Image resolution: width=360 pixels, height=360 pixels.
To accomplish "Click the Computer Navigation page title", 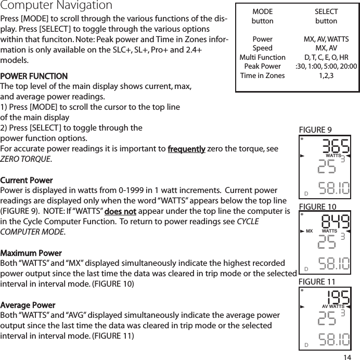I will [x=56, y=6].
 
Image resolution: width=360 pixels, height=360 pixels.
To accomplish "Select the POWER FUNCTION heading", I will [x=34, y=76].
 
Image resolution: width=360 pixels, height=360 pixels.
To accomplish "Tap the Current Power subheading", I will [x=27, y=180].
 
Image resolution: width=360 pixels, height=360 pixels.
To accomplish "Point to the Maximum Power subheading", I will [x=31, y=253].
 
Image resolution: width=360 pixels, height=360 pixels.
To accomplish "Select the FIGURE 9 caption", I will [x=316, y=130].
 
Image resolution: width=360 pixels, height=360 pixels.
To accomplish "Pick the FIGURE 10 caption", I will [x=318, y=207].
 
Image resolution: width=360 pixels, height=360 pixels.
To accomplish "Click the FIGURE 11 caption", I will [x=317, y=281].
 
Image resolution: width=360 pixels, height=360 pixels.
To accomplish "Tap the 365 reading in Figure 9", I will [x=335, y=145].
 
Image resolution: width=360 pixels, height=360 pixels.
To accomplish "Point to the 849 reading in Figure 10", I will [x=335, y=221].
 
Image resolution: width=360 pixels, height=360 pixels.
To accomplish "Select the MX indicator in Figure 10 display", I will [x=309, y=230].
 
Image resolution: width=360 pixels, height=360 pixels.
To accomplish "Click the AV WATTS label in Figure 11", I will [x=333, y=306].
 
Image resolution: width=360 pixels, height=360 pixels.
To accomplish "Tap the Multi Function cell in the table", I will [x=262, y=57].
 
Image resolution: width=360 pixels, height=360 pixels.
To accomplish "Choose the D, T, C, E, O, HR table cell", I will [x=326, y=57].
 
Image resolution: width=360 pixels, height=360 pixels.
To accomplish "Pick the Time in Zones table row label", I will [x=262, y=75].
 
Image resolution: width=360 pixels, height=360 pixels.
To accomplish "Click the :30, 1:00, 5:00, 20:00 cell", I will [x=326, y=66].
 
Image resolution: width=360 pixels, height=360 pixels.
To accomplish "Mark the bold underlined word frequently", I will [x=186, y=149].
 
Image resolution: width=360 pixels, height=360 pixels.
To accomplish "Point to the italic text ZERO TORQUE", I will [x=25, y=159].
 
